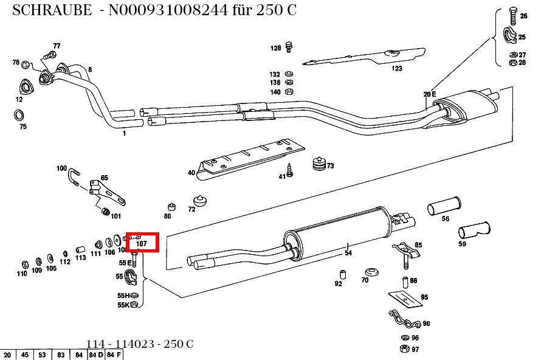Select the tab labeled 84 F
click(x=114, y=355)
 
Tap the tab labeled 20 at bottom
click(x=8, y=355)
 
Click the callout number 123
click(x=397, y=69)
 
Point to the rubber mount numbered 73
click(x=318, y=165)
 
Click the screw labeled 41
click(x=290, y=171)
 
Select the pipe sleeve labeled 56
click(x=445, y=206)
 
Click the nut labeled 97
click(x=404, y=348)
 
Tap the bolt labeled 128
click(x=289, y=46)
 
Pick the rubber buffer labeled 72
click(x=199, y=201)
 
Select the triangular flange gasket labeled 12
click(x=24, y=86)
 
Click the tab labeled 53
click(x=43, y=355)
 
